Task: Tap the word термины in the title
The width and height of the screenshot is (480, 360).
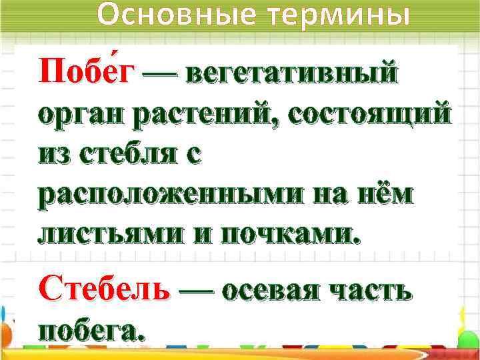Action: pos(338,15)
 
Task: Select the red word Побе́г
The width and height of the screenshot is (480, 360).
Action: pos(86,71)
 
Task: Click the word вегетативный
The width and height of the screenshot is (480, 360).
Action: pos(293,73)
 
